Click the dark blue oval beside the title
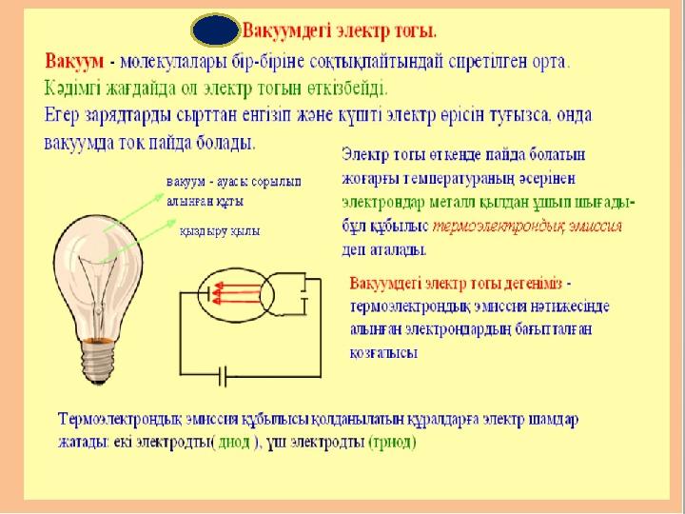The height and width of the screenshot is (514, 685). pos(215,30)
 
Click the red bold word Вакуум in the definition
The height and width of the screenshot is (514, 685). pos(74,61)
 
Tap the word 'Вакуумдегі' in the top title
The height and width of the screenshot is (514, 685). pos(287,31)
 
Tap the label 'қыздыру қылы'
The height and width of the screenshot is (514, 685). pos(220,231)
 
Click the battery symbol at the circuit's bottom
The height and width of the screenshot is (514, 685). pos(223,376)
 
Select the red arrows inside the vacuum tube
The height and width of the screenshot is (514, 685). pos(237,292)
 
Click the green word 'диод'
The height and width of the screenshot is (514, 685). pos(234,443)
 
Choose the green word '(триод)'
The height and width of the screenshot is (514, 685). pos(392,443)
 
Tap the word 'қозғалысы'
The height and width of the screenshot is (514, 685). pos(383,353)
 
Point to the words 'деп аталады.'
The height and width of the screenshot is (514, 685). pos(383,250)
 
